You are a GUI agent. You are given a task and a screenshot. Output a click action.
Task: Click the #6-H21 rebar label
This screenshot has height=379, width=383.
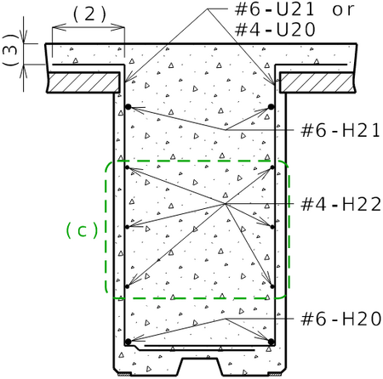coord(340,131)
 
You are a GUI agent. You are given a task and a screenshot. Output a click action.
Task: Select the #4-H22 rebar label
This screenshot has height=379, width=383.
coord(341,204)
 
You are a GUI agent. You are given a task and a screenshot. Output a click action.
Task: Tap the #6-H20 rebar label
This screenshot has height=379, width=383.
coord(341,319)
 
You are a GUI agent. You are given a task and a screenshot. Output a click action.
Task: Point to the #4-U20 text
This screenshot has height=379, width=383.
coord(275,30)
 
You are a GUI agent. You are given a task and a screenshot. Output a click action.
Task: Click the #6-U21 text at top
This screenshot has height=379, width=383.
coord(275,9)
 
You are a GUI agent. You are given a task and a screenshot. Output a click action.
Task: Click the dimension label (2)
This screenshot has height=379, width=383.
coord(89,14)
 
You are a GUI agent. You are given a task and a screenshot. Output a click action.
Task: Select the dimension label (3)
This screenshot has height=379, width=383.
coord(11,50)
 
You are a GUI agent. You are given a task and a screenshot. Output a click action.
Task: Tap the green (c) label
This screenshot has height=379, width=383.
coord(82,230)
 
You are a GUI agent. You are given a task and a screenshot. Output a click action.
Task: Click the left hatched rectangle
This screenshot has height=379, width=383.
coord(83,82)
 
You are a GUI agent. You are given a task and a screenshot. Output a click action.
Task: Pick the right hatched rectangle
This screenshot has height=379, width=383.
coord(317,82)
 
